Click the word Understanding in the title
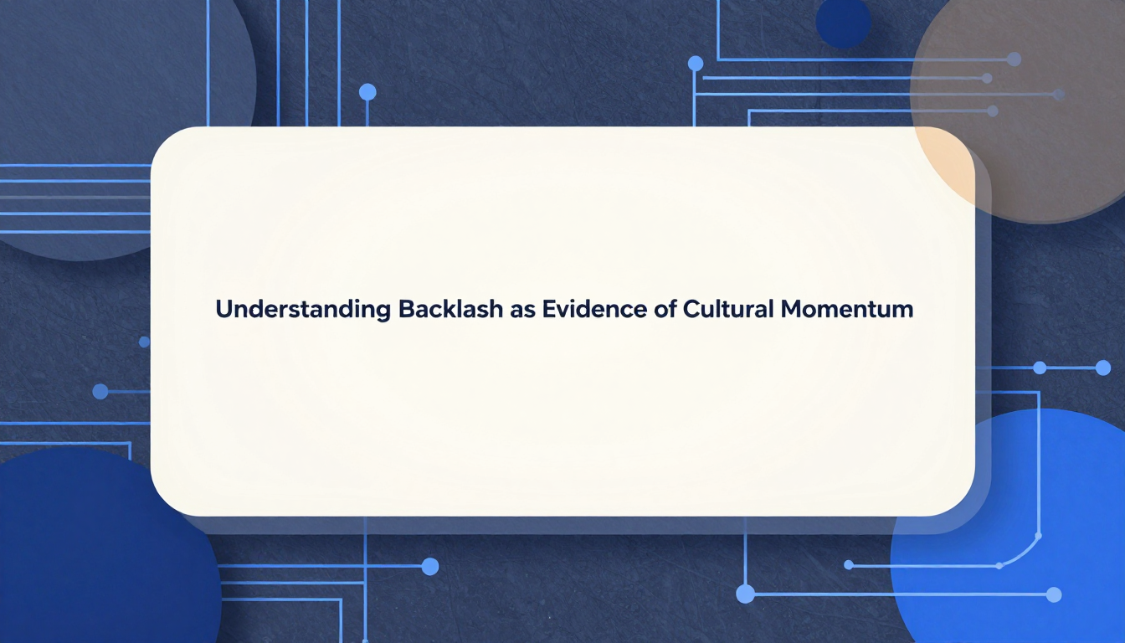[303, 310]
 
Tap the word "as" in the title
[522, 311]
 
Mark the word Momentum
[847, 309]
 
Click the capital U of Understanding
[224, 309]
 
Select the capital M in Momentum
[792, 309]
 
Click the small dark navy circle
[843, 22]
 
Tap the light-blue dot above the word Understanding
[367, 92]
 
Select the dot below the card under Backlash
[430, 567]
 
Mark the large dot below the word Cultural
[745, 594]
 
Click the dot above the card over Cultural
[696, 64]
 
